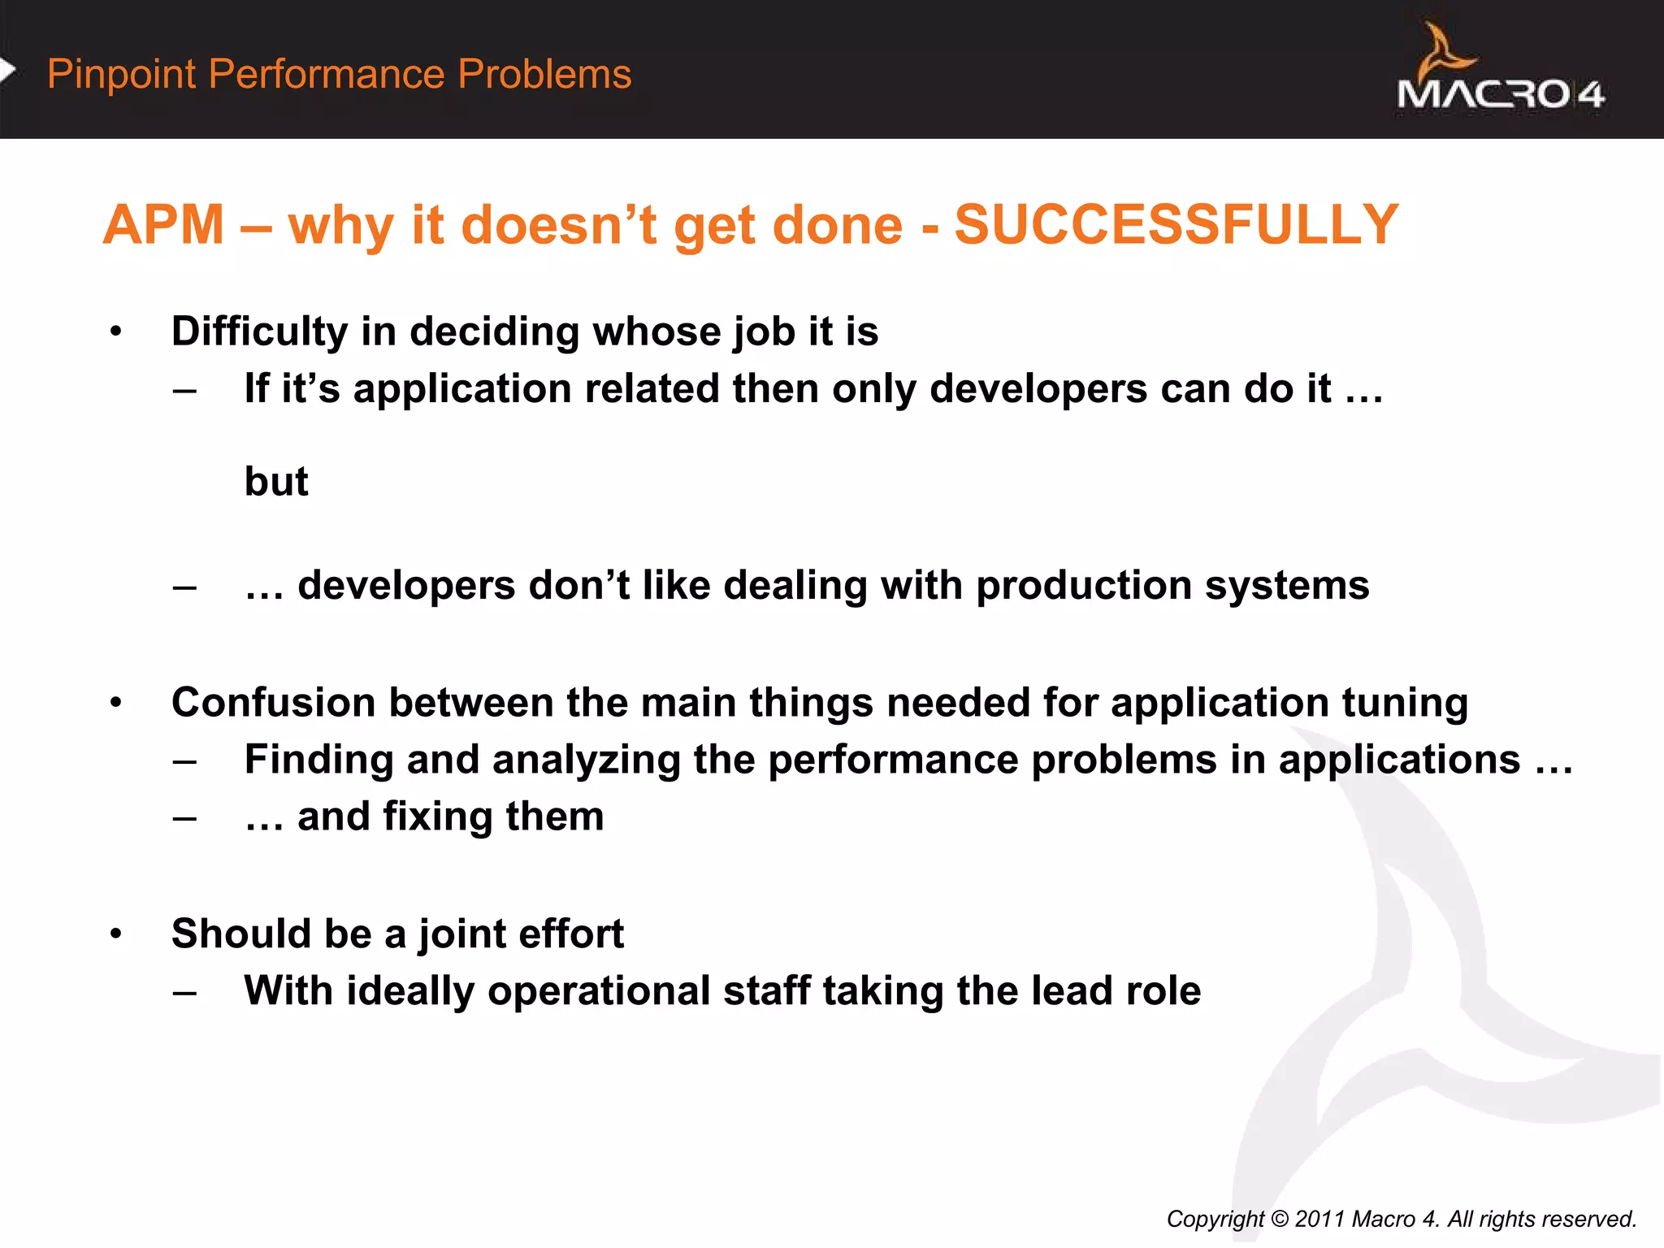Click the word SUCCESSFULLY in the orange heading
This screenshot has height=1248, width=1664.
click(1176, 224)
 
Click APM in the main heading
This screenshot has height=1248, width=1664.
click(163, 224)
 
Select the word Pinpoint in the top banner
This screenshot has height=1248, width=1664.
click(121, 74)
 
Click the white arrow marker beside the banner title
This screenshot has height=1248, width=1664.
click(7, 71)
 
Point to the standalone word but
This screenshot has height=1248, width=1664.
click(276, 481)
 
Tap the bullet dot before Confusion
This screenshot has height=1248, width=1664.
click(116, 702)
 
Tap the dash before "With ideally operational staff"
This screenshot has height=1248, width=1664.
click(184, 991)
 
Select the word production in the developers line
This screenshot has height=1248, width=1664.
click(1084, 586)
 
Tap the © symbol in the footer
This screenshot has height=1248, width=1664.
click(1279, 1219)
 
